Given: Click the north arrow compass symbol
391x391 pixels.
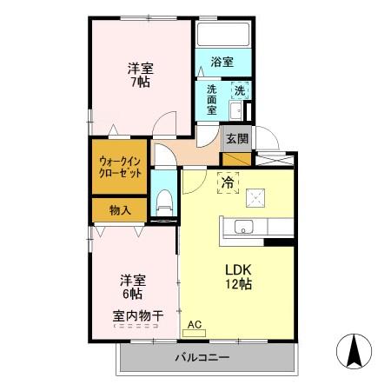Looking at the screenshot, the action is pyautogui.click(x=354, y=351).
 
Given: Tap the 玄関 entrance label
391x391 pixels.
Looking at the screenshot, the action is pyautogui.click(x=237, y=139).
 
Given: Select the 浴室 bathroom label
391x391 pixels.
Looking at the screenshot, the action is pyautogui.click(x=222, y=62).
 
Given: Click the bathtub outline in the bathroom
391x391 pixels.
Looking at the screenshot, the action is pyautogui.click(x=223, y=35).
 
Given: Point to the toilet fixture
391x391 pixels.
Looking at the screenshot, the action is pyautogui.click(x=164, y=202).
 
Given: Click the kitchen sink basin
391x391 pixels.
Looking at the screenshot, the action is pyautogui.click(x=243, y=227).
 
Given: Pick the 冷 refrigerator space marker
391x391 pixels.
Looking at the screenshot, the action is pyautogui.click(x=228, y=182).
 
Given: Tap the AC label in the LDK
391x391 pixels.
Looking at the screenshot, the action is pyautogui.click(x=195, y=325).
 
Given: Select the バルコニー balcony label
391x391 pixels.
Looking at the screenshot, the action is pyautogui.click(x=202, y=357).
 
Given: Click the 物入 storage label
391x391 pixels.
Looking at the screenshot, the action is pyautogui.click(x=120, y=210).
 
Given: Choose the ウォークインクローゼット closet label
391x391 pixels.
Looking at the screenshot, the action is pyautogui.click(x=120, y=167).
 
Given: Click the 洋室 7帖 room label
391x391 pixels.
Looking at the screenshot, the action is pyautogui.click(x=141, y=76).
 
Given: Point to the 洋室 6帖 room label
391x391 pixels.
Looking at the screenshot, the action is pyautogui.click(x=133, y=287).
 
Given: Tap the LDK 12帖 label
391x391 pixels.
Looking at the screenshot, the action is pyautogui.click(x=238, y=277).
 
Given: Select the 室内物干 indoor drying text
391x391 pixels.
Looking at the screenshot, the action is pyautogui.click(x=138, y=315).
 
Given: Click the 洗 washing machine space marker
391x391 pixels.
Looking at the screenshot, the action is pyautogui.click(x=240, y=91).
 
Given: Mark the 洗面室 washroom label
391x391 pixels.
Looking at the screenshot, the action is pyautogui.click(x=212, y=100).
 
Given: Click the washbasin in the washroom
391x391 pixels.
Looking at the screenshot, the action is pyautogui.click(x=235, y=110).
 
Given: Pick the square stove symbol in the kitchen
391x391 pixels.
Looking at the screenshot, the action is pyautogui.click(x=255, y=198).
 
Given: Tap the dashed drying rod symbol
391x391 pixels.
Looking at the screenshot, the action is pyautogui.click(x=136, y=326).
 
